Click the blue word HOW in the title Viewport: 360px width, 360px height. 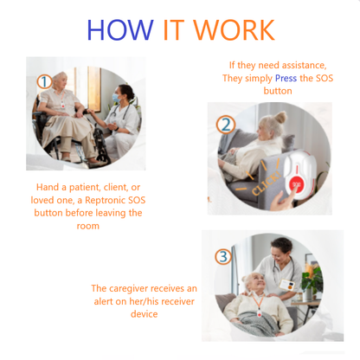[120, 30]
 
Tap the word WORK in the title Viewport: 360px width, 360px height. [234, 30]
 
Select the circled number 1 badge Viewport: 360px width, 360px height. [44, 82]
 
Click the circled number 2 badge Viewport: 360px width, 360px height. [226, 125]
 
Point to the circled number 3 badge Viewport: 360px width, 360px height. [223, 256]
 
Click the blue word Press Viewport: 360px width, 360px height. [286, 79]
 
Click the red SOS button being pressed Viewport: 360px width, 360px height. [296, 184]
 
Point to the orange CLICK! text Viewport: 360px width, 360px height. [266, 183]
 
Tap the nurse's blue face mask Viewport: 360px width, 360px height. [116, 98]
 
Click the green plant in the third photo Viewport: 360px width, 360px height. [312, 279]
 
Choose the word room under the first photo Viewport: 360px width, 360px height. [88, 226]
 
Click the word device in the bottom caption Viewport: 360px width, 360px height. [144, 314]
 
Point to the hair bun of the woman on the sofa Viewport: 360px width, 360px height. [280, 117]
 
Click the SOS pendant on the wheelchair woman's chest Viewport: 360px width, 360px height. [62, 105]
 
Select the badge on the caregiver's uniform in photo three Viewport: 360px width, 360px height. [287, 286]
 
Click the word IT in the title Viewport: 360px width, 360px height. [173, 30]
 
